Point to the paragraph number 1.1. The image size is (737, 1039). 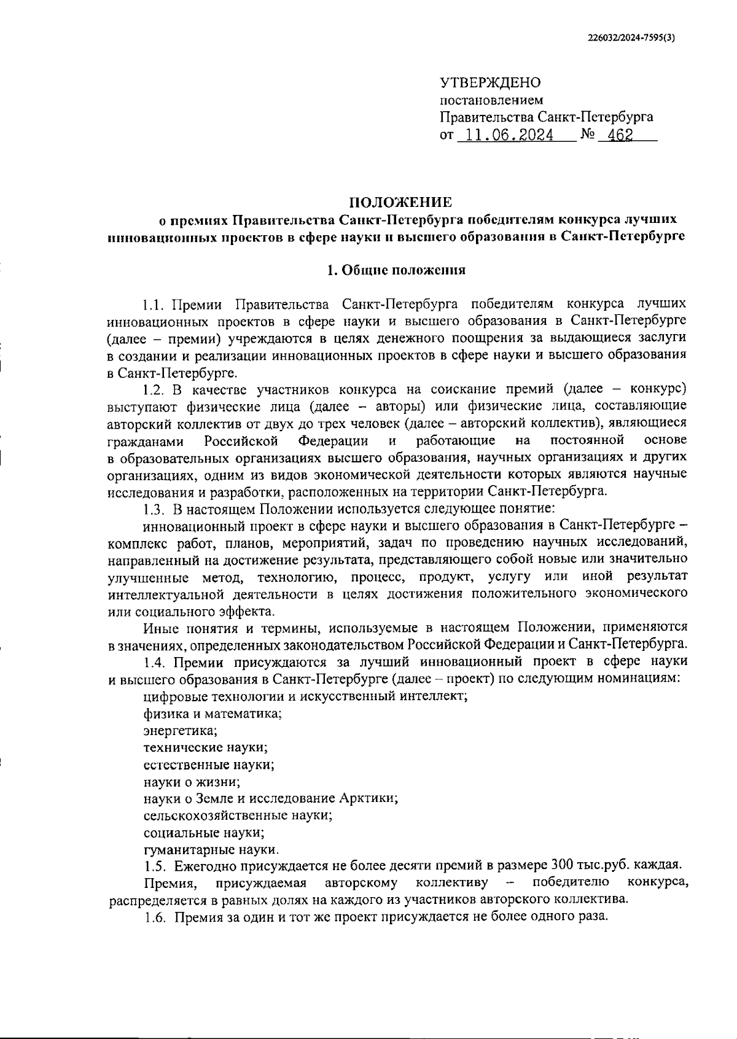(154, 304)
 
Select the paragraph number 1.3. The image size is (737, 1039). (154, 509)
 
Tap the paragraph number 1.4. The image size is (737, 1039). (154, 662)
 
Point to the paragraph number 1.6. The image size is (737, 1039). (155, 917)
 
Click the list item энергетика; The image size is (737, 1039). (181, 731)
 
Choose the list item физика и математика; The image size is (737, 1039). (213, 714)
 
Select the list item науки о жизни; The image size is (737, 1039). (192, 782)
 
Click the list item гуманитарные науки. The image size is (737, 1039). (211, 850)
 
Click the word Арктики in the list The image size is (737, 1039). (368, 799)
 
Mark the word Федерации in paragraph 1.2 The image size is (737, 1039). (333, 441)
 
